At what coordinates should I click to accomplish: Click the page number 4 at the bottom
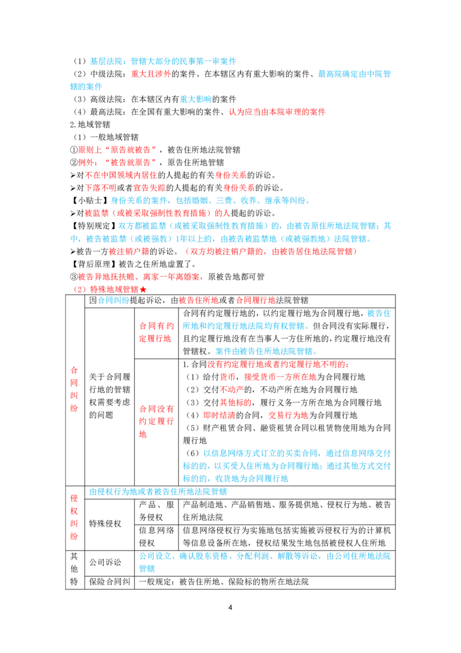[x=230, y=607]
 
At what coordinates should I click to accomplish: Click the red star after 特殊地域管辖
[x=143, y=290]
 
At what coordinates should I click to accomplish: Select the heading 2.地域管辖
[x=90, y=125]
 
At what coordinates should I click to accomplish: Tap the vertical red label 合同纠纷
[x=74, y=389]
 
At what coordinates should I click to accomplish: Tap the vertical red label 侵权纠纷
[x=74, y=517]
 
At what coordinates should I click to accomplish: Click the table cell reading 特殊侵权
[x=105, y=523]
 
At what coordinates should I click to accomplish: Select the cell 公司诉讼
[x=105, y=562]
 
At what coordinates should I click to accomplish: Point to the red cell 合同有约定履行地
[x=156, y=332]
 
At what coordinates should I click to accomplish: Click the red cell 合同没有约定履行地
[x=156, y=421]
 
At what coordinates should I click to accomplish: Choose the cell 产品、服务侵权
[x=156, y=511]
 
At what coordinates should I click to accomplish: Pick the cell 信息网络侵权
[x=156, y=536]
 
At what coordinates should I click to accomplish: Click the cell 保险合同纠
[x=109, y=582]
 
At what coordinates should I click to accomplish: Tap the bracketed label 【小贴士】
[x=90, y=200]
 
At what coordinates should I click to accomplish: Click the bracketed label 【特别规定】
[x=94, y=226]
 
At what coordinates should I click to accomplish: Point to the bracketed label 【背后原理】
[x=94, y=264]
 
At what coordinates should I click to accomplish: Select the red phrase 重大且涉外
[x=151, y=74]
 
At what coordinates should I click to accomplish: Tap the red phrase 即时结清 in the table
[x=220, y=415]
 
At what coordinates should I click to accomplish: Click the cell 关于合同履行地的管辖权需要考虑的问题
[x=109, y=396]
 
